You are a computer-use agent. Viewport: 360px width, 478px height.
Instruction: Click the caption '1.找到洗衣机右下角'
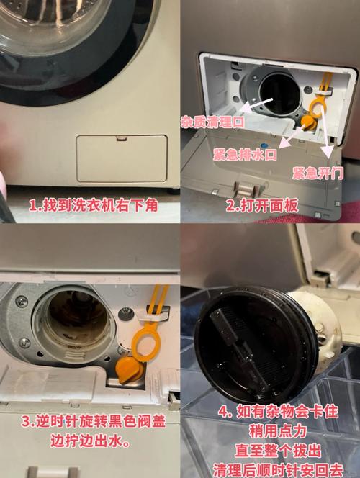94,205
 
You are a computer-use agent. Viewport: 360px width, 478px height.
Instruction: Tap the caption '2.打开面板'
262,206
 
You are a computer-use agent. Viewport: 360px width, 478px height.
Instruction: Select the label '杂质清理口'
212,122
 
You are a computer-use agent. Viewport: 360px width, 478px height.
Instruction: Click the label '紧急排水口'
245,155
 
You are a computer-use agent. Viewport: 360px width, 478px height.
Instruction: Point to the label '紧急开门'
318,173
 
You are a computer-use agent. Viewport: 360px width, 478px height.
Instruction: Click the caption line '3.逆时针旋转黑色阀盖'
94,422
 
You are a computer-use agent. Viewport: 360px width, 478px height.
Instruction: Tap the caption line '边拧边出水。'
89,441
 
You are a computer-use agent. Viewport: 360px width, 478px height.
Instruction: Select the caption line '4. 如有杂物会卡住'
278,412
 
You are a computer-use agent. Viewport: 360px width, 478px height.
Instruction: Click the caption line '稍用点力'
278,431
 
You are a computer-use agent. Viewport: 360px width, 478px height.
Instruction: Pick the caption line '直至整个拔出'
278,451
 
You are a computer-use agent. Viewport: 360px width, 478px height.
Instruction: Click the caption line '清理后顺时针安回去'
278,470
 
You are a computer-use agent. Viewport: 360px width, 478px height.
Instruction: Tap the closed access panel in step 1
122,158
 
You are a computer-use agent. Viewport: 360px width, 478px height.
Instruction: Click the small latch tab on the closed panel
122,138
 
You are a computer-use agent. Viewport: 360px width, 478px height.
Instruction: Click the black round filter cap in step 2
279,93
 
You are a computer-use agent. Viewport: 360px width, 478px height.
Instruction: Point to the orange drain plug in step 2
308,122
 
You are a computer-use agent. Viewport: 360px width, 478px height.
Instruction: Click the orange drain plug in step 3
130,370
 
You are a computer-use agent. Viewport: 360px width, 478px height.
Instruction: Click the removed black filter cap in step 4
256,343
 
